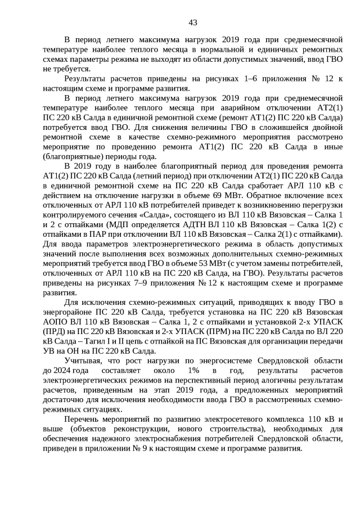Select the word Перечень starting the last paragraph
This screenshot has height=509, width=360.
(83, 420)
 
